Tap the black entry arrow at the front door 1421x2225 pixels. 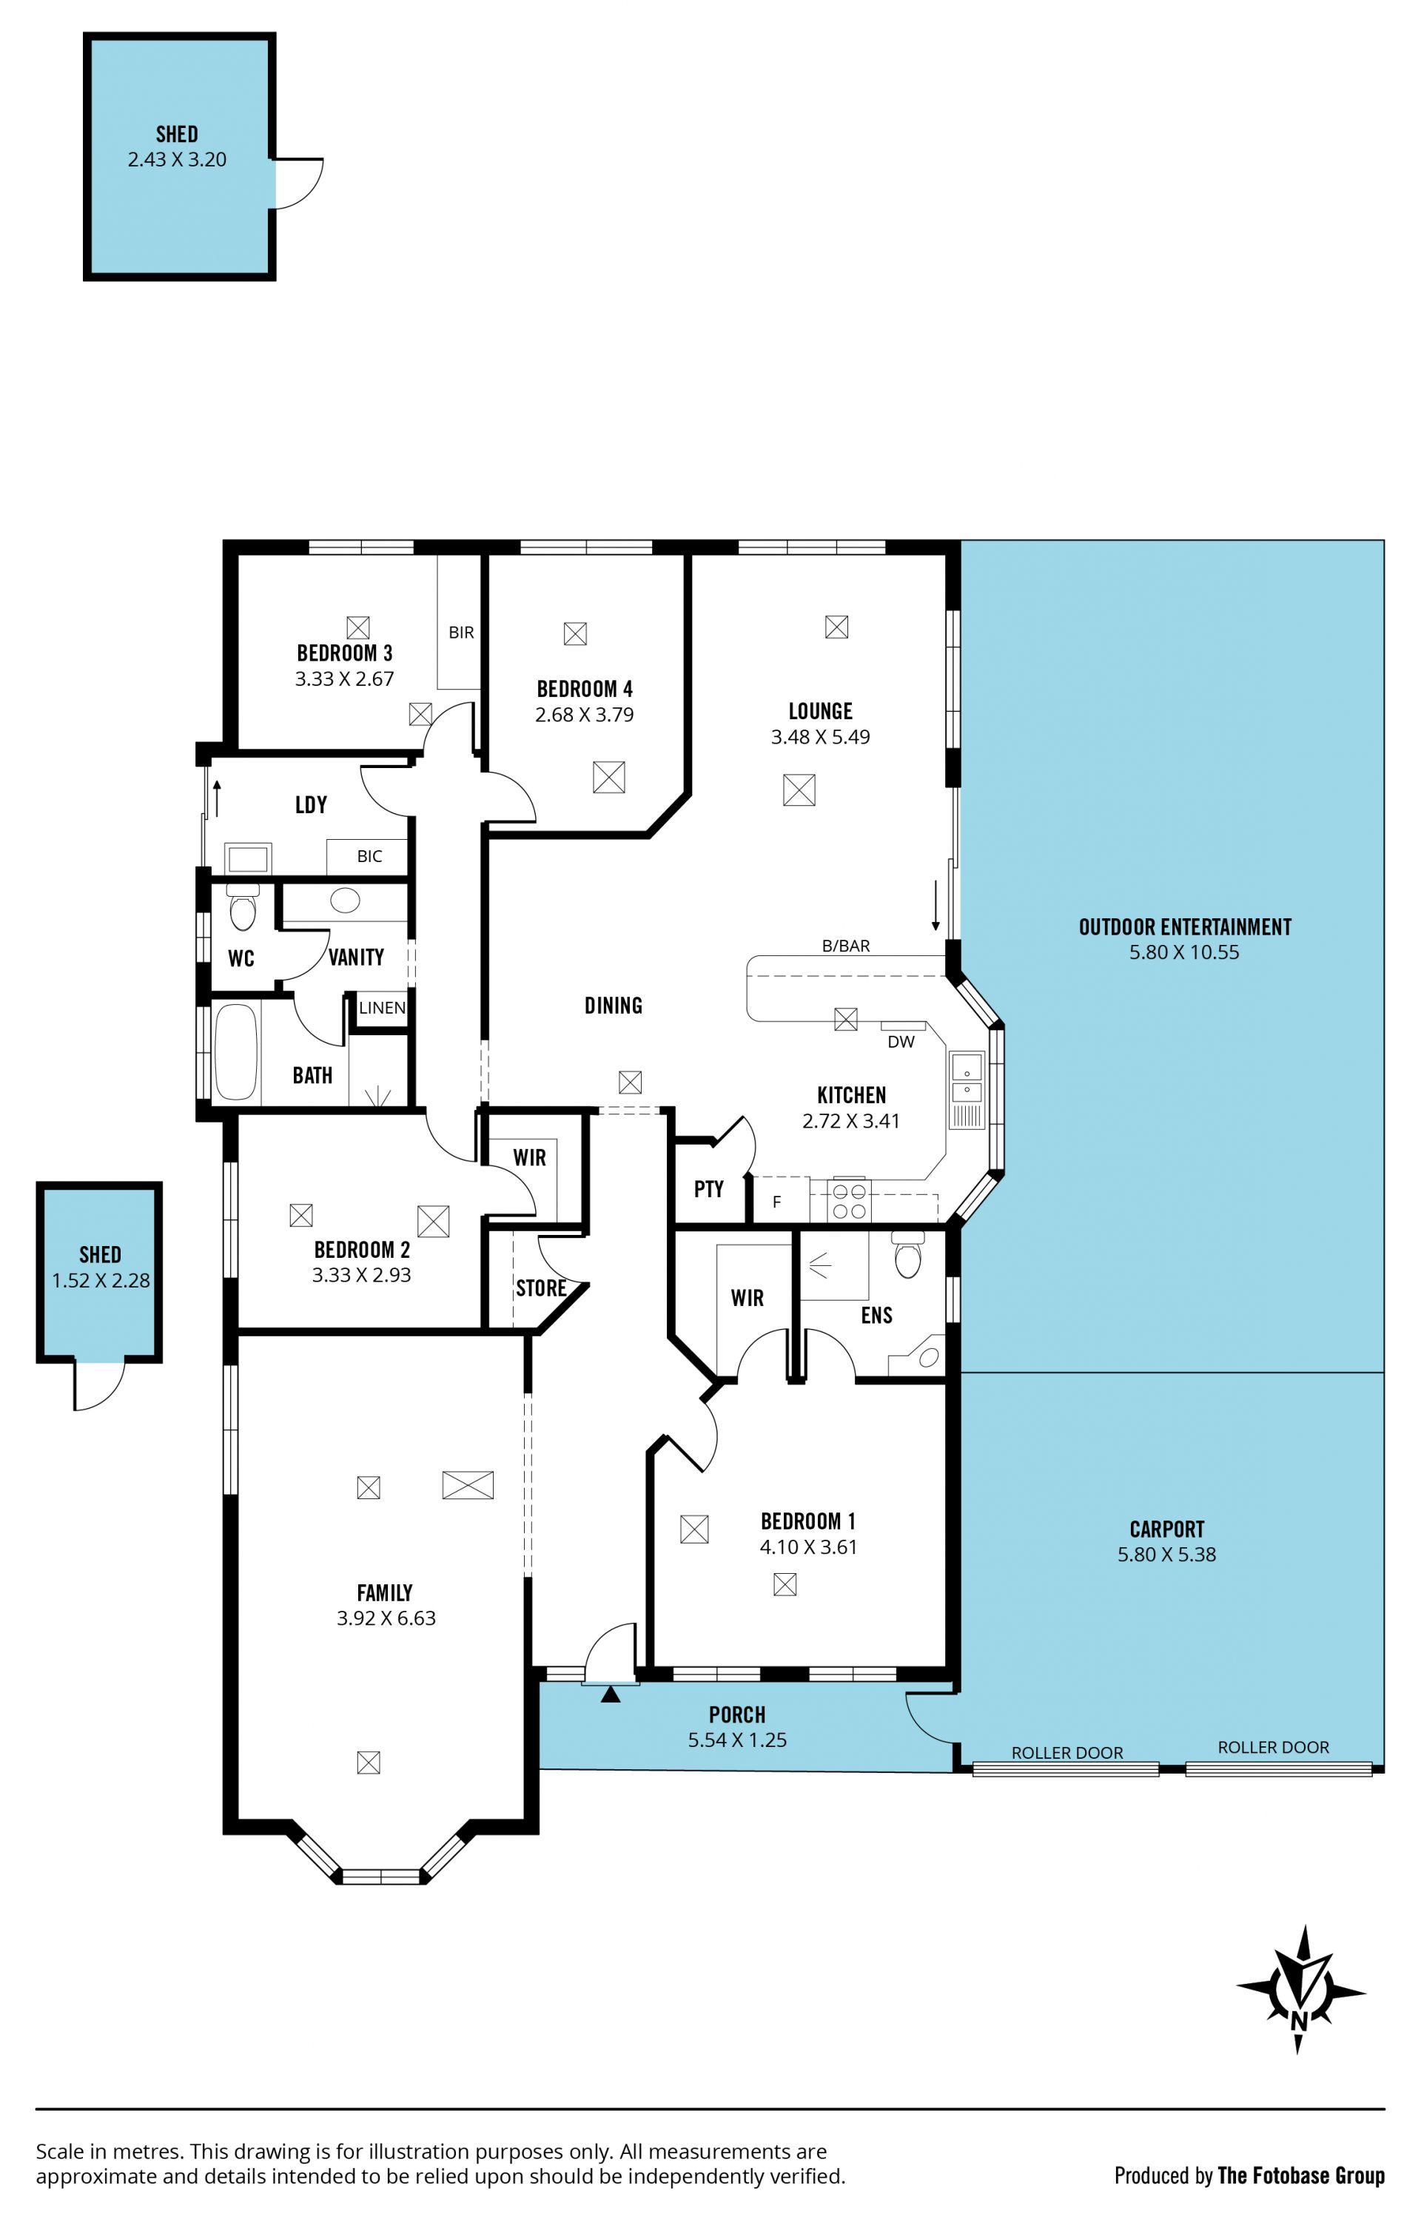pos(611,1694)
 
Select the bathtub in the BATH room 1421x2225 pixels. pos(235,1051)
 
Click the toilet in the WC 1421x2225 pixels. pos(243,906)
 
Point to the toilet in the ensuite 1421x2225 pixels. pos(908,1254)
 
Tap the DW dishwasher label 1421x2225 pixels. pos(901,1041)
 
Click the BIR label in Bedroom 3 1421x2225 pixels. pos(461,632)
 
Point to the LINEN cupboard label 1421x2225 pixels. pos(382,1007)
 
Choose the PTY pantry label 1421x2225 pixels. pos(709,1189)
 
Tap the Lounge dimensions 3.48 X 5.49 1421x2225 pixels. pos(821,736)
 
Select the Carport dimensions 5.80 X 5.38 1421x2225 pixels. pos(1167,1554)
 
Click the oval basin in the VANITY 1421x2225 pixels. pos(345,900)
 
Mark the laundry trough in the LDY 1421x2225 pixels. pos(248,858)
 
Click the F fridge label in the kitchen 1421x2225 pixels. pos(776,1202)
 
